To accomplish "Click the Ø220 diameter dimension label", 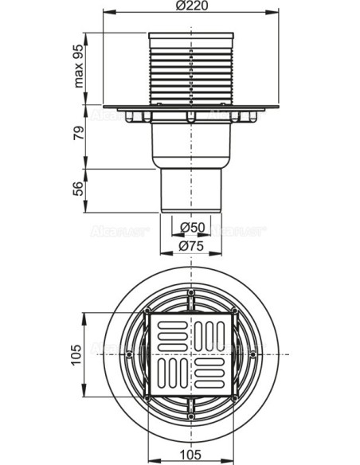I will [191, 8].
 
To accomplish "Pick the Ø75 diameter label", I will [191, 246].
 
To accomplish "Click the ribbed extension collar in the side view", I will [191, 68].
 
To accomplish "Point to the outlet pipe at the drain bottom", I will [191, 191].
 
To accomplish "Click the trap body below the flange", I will [191, 147].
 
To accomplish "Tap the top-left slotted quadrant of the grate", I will [170, 330].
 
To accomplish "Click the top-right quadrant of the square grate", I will [212, 330].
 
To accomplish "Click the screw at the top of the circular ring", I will [192, 295].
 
